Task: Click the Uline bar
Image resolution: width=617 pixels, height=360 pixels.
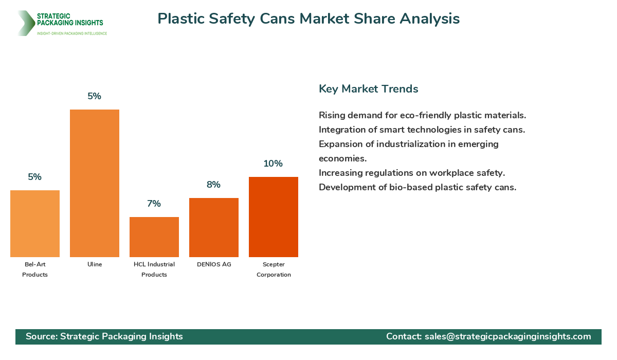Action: (95, 183)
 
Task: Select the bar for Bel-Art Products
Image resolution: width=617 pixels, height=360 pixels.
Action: (35, 224)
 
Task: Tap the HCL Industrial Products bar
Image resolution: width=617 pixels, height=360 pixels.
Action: (154, 237)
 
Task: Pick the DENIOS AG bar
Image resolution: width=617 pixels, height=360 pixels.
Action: (214, 227)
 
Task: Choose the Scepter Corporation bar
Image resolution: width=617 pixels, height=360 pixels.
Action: (274, 217)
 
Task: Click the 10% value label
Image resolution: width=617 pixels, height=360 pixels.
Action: (273, 164)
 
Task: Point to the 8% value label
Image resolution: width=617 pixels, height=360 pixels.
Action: (213, 185)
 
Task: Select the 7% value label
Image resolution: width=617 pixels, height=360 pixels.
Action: (154, 204)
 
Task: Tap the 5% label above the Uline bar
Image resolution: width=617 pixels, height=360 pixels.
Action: (94, 96)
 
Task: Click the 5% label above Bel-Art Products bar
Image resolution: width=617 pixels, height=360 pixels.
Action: (34, 177)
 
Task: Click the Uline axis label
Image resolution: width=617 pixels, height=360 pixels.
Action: (95, 264)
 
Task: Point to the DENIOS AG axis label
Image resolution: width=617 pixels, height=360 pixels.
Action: (214, 264)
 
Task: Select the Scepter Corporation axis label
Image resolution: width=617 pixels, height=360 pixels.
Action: (274, 269)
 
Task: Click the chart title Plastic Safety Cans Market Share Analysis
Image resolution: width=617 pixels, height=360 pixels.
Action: (308, 19)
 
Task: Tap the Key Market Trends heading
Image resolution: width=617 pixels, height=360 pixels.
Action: (368, 89)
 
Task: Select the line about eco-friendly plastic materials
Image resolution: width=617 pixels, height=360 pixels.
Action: (422, 115)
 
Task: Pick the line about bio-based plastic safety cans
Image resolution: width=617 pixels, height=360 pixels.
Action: (417, 187)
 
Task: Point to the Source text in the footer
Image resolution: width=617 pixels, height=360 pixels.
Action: (104, 336)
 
